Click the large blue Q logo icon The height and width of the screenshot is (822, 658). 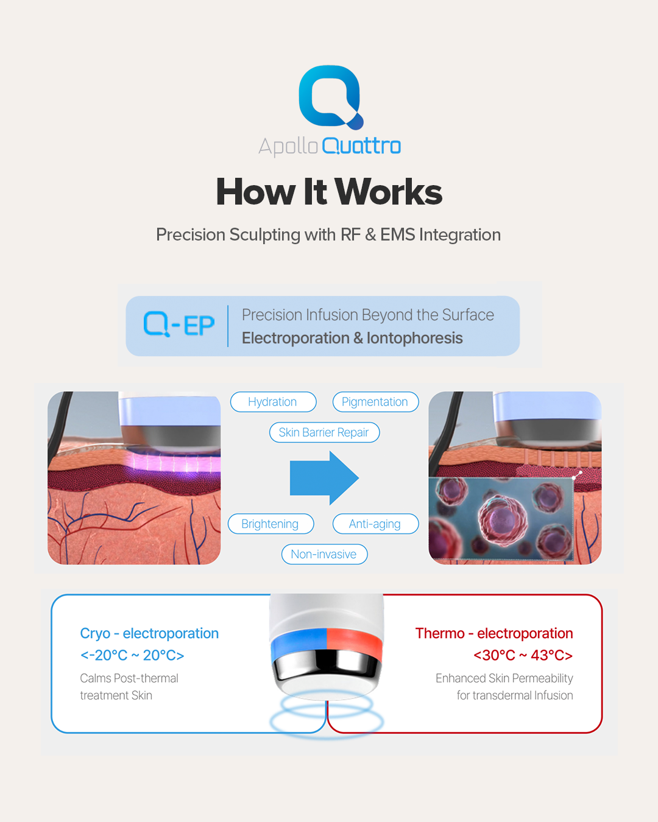click(331, 97)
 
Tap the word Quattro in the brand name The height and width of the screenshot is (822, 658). click(361, 146)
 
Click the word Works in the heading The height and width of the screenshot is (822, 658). click(389, 192)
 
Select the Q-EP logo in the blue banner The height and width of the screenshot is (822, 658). click(179, 325)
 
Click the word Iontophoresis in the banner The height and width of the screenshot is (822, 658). click(414, 338)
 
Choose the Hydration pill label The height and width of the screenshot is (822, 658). click(273, 402)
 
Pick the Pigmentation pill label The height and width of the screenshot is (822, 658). click(375, 402)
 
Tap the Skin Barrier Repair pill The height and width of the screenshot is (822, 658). click(324, 432)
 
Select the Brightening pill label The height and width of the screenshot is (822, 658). click(271, 524)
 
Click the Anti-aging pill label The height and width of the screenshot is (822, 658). click(375, 524)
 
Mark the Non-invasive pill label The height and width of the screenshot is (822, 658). click(324, 554)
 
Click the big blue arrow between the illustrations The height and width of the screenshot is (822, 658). click(324, 478)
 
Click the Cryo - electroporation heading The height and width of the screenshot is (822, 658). click(149, 633)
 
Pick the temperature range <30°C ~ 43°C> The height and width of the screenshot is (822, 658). click(523, 655)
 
